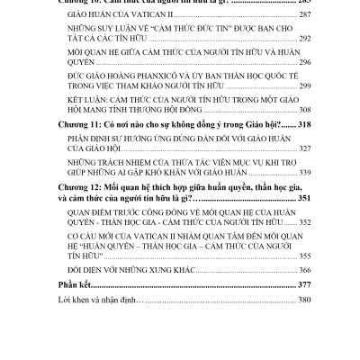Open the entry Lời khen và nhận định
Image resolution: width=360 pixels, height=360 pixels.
coord(99,352)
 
